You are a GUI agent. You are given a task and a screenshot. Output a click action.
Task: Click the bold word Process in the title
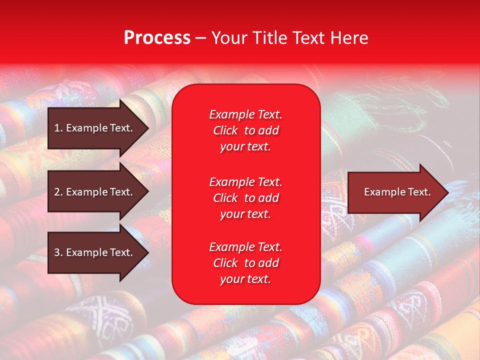click(x=157, y=38)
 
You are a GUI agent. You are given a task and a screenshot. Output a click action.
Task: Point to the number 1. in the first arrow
click(x=58, y=128)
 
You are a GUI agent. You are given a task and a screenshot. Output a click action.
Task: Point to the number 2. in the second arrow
click(x=58, y=192)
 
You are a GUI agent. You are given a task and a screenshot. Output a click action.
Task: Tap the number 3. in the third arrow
click(x=58, y=252)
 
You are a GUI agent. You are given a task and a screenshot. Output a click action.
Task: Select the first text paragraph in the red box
click(x=245, y=130)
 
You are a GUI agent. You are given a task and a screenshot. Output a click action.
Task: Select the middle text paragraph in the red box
click(x=245, y=197)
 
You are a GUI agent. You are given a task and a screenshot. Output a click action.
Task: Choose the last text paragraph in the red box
click(x=245, y=263)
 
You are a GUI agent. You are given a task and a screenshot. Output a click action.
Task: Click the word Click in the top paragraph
click(x=225, y=130)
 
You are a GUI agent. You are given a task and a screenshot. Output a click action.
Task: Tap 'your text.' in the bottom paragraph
click(x=245, y=279)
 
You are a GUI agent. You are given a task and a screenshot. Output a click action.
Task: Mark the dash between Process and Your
click(x=200, y=38)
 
